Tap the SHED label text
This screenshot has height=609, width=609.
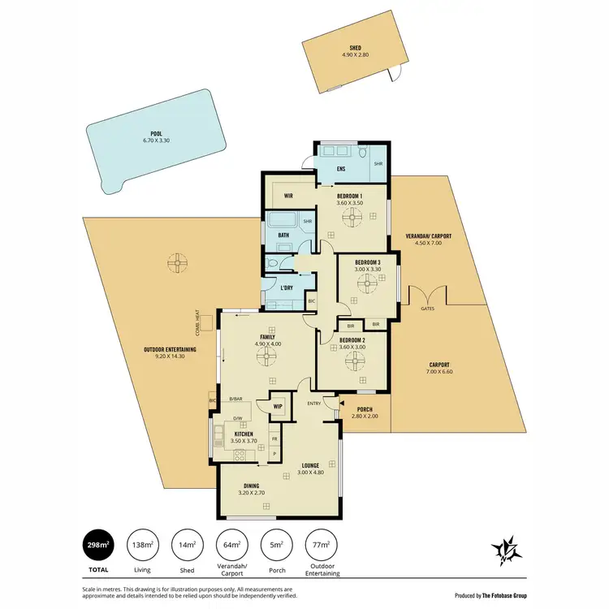point(356,49)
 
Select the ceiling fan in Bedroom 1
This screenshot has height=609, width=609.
point(353,216)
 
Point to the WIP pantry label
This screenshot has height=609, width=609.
point(277,405)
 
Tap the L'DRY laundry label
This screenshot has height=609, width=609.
point(286,288)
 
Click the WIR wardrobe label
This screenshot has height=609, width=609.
point(288,196)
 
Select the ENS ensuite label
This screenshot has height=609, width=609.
point(342,171)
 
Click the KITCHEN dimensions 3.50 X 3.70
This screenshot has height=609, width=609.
point(244,441)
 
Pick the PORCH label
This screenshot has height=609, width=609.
point(364,408)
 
